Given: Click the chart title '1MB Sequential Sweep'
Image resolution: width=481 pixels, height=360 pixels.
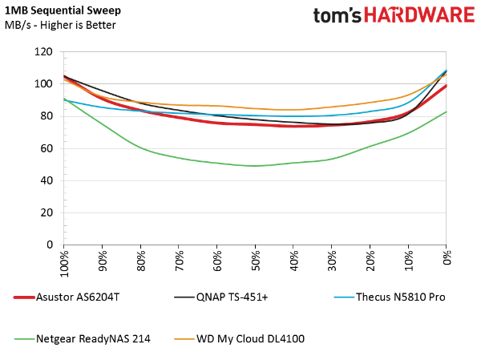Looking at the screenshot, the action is [63, 10].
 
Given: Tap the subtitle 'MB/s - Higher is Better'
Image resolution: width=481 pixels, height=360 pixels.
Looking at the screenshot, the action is [60, 25].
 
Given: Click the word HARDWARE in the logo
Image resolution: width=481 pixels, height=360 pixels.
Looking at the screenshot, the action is [419, 15].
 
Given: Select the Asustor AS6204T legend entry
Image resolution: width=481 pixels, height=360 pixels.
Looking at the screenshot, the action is [67, 297].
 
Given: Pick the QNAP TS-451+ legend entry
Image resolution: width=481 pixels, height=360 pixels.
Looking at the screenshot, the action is [221, 297].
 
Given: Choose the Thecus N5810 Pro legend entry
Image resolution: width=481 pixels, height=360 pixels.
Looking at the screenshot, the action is [390, 297].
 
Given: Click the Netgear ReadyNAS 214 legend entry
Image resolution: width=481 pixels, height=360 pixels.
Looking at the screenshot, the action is [83, 339].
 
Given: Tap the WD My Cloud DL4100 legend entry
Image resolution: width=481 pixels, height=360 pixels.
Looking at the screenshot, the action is [239, 339].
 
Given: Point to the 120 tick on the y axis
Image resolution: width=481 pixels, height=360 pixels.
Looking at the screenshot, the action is [43, 51].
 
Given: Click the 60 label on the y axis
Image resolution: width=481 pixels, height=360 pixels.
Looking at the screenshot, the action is [46, 148].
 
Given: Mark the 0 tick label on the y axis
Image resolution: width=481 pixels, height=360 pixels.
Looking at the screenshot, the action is [50, 245].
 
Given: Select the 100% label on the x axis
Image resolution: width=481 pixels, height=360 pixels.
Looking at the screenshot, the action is [64, 263].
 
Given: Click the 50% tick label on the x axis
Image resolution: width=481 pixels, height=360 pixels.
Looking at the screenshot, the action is [255, 261].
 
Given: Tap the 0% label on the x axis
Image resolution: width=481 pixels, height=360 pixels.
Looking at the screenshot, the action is [447, 257].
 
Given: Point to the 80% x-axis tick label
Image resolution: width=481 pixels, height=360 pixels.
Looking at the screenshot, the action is [141, 261].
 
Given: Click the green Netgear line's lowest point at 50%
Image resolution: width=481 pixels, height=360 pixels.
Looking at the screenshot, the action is [255, 166].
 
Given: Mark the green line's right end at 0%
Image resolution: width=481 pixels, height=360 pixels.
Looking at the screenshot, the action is [446, 111].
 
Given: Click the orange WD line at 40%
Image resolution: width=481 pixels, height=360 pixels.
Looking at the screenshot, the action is [293, 110].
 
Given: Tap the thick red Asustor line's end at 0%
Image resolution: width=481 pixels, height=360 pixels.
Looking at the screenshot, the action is [446, 86].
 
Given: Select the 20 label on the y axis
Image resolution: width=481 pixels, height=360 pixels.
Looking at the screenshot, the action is [46, 212].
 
